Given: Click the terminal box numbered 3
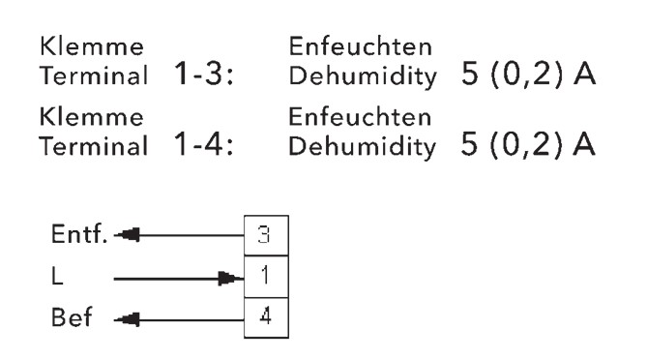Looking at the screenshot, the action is pyautogui.click(x=266, y=235).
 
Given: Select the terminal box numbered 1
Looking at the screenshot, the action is pyautogui.click(x=266, y=277).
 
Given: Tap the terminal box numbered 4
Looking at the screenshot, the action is pyautogui.click(x=266, y=317).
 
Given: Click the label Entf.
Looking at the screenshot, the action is pyautogui.click(x=79, y=233).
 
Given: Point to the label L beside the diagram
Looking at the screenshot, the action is pyautogui.click(x=57, y=276).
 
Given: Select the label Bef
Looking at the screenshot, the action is pyautogui.click(x=72, y=316).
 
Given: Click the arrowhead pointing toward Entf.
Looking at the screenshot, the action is pyautogui.click(x=127, y=235).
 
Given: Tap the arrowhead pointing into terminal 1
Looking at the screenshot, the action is pyautogui.click(x=231, y=279).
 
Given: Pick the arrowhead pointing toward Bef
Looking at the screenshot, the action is pyautogui.click(x=127, y=319).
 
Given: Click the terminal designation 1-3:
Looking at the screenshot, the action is pyautogui.click(x=203, y=74).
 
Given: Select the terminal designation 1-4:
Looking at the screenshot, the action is pyautogui.click(x=203, y=143).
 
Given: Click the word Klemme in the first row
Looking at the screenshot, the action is pyautogui.click(x=92, y=45).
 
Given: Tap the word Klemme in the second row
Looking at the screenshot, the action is pyautogui.click(x=92, y=116).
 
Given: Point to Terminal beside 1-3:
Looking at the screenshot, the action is pyautogui.click(x=94, y=75).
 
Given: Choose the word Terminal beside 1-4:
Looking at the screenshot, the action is pyautogui.click(x=94, y=146).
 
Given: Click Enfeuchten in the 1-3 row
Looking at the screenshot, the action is pyautogui.click(x=360, y=45).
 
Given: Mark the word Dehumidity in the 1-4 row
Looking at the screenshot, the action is pyautogui.click(x=363, y=147).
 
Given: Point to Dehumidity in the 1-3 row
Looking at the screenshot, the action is pyautogui.click(x=363, y=76).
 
